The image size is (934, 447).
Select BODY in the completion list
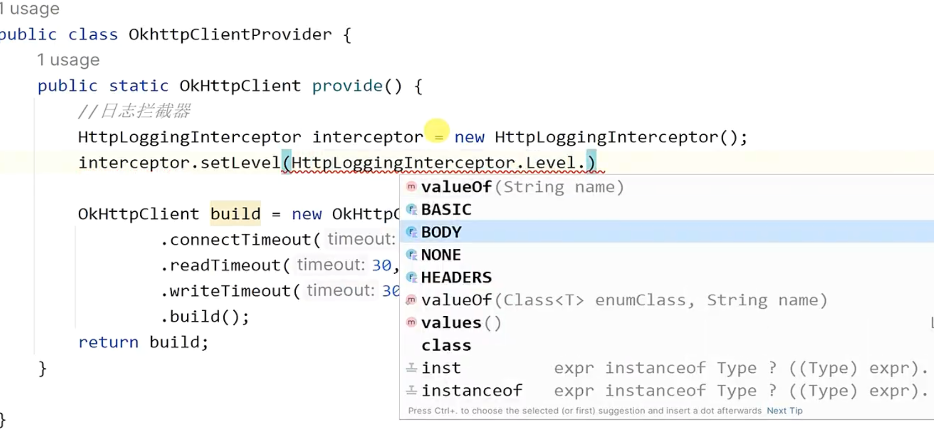[441, 232]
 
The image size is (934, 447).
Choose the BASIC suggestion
[446, 209]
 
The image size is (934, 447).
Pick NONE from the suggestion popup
[441, 255]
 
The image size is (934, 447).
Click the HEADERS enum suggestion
[456, 277]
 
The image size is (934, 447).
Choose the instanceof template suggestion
[472, 390]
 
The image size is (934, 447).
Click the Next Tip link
[784, 411]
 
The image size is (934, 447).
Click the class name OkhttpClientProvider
[230, 34]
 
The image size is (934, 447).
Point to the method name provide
[347, 86]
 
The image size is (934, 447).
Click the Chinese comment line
[134, 111]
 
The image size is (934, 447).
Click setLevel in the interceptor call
[240, 162]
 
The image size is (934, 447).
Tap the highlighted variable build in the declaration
[236, 214]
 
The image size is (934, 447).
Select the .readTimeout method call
[225, 265]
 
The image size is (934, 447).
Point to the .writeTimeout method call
[230, 291]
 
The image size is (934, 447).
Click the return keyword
[108, 342]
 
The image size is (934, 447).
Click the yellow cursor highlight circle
[437, 131]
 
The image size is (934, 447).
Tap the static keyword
[138, 86]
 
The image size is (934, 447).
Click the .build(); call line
[205, 317]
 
